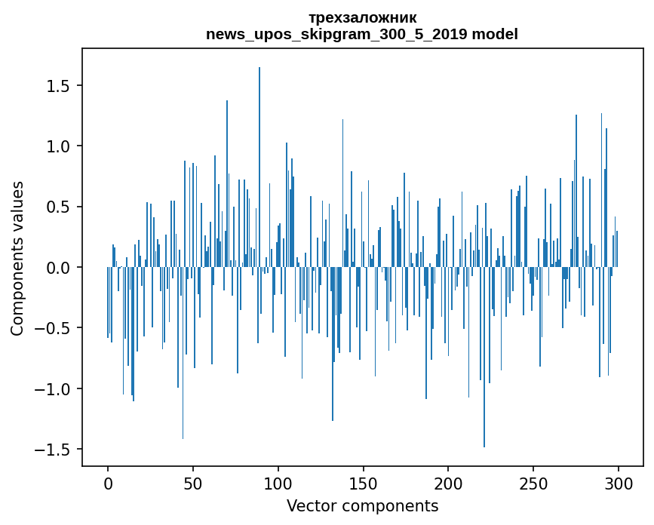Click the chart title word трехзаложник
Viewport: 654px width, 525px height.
362,17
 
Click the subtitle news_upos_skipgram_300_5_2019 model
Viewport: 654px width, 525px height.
362,34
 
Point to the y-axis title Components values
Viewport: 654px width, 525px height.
17,258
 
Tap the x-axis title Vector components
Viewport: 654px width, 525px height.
362,505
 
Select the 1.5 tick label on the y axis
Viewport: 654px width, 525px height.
58,86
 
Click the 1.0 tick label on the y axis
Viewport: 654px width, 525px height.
58,146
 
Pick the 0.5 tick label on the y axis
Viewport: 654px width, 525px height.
58,207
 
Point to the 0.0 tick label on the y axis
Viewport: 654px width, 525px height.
58,268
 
